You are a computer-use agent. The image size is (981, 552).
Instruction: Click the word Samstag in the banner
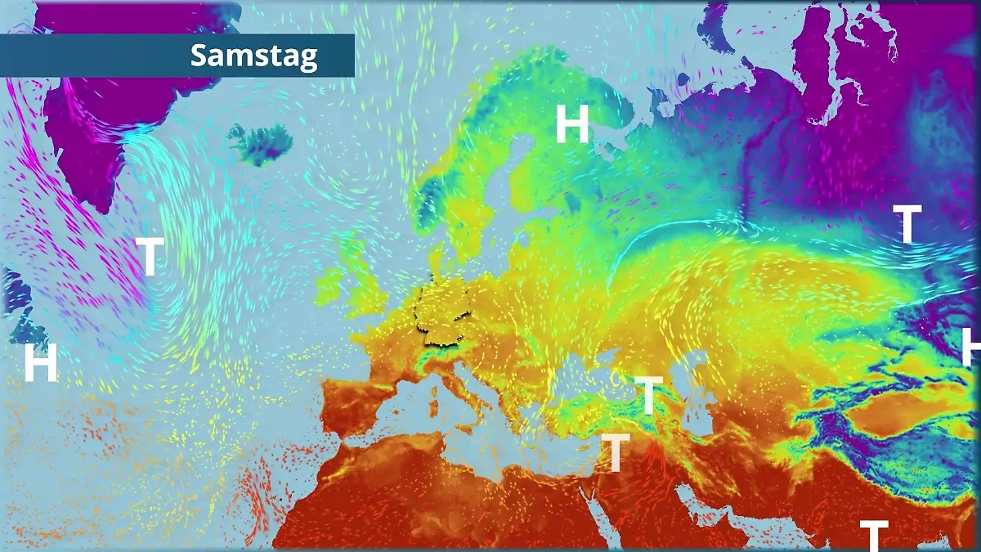(x=253, y=56)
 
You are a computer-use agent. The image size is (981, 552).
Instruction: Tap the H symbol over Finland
(x=572, y=124)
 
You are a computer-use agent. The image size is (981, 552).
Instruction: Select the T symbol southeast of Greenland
(x=150, y=256)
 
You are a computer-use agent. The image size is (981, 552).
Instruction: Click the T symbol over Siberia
(x=907, y=224)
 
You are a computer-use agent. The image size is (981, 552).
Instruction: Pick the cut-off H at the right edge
(x=971, y=347)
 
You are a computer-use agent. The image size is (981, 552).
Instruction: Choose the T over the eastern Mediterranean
(x=616, y=452)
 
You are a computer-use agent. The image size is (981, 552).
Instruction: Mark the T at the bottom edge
(x=873, y=536)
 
